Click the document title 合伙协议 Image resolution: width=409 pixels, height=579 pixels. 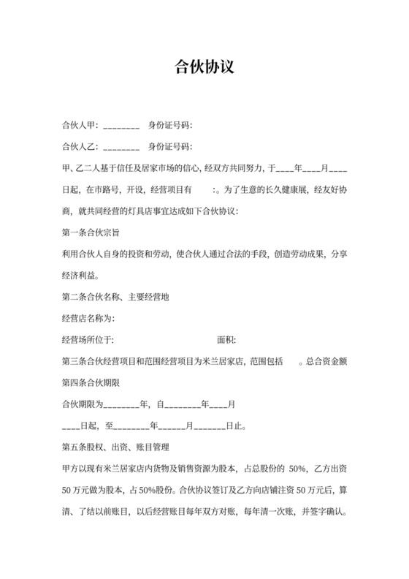[x=204, y=67]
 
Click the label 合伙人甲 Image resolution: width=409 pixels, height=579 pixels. [x=79, y=126]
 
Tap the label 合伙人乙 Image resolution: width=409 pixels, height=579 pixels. [x=79, y=146]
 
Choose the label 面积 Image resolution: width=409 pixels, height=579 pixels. [x=226, y=340]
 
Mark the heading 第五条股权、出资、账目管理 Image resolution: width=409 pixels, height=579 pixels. [x=116, y=447]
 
